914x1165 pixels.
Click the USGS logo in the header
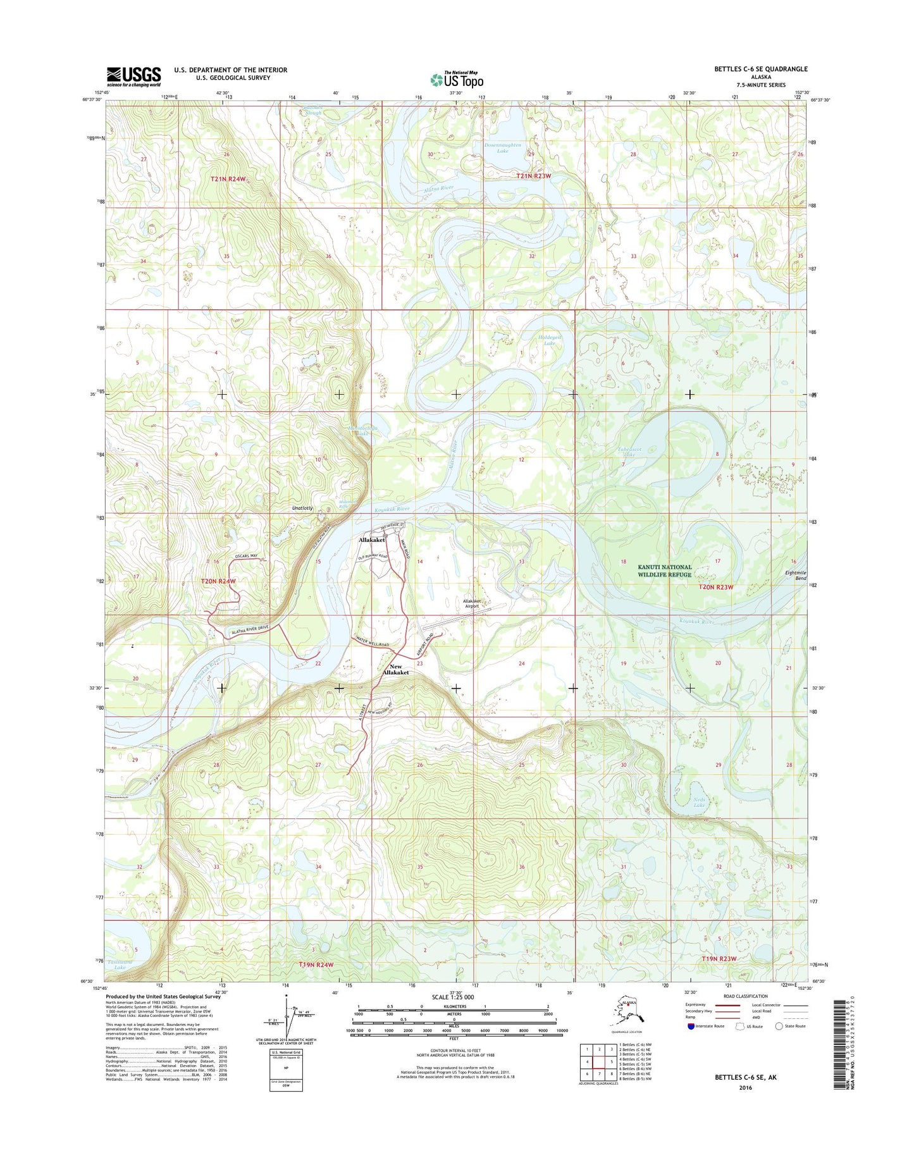[x=133, y=77]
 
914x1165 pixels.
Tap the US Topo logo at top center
[x=457, y=80]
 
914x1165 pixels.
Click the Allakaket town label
[x=372, y=540]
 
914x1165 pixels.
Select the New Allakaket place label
[x=396, y=670]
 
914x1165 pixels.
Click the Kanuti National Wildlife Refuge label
[x=664, y=570]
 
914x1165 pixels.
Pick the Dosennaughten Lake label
[x=503, y=148]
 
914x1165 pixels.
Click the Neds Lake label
[x=699, y=802]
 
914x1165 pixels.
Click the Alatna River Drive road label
[x=250, y=629]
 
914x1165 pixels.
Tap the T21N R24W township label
[x=228, y=179]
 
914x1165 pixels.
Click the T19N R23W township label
[x=719, y=959]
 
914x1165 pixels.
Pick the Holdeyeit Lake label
[x=550, y=340]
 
